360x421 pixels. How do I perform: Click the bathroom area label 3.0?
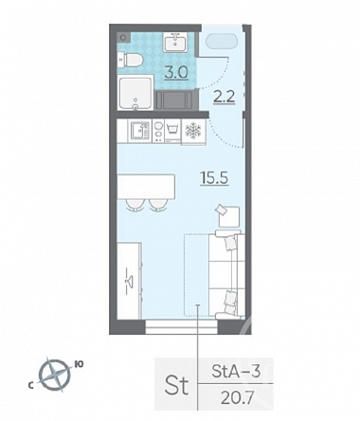177,72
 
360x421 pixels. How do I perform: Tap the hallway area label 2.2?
224,97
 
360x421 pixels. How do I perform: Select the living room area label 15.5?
215,178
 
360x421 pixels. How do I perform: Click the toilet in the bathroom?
130,60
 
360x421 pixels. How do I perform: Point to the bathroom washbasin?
175,43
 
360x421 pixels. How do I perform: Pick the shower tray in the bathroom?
135,93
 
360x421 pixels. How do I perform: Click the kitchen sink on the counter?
140,131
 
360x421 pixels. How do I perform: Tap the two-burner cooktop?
158,131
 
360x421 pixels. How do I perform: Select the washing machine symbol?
171,131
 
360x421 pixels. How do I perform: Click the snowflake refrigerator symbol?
192,131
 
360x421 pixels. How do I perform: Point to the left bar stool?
134,205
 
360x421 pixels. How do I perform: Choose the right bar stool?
157,205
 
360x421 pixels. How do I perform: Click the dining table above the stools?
146,187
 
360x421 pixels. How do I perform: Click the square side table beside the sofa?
228,216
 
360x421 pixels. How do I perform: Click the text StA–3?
236,372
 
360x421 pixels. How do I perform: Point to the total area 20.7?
237,398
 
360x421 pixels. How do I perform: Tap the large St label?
176,386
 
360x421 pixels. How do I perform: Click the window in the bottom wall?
182,326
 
